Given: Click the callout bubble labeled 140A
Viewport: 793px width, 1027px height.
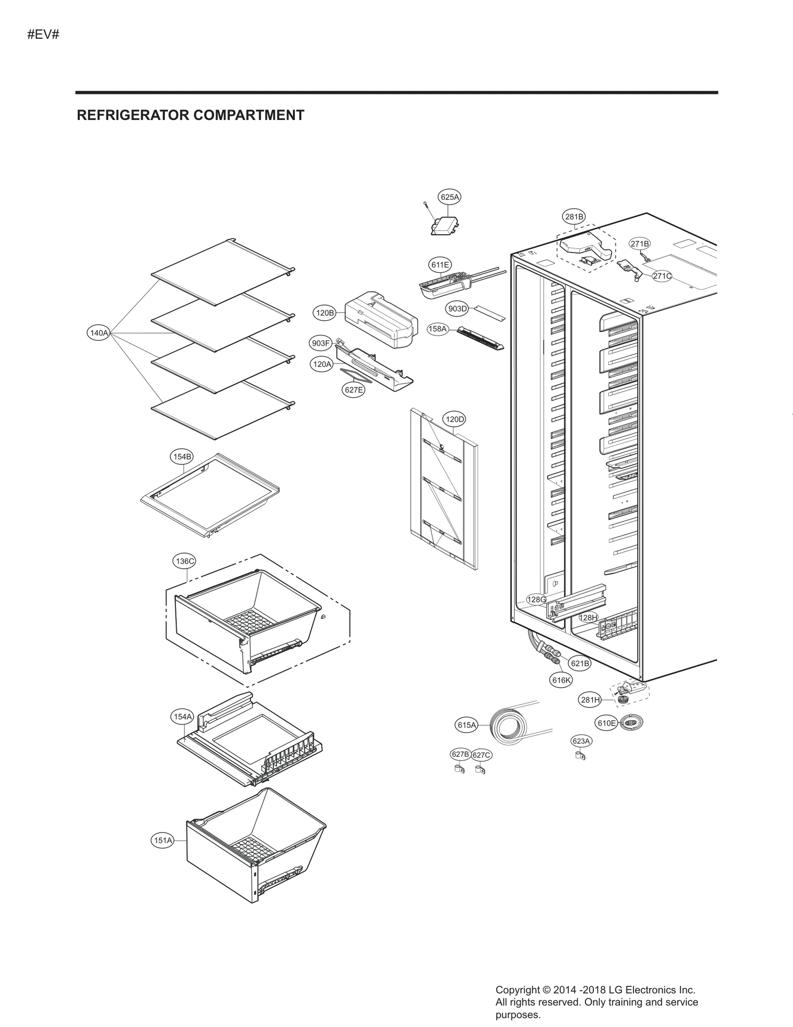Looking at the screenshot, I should point(99,333).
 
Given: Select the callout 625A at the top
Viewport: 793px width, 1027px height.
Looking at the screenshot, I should point(450,197).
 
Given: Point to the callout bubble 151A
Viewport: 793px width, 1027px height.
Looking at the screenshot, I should point(163,840).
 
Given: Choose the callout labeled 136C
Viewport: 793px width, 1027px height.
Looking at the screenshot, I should point(185,561).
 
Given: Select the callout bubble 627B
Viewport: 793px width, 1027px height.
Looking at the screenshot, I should point(460,754).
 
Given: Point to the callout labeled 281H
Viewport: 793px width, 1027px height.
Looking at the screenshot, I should point(590,700).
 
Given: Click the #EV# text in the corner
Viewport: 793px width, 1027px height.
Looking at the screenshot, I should point(43,35).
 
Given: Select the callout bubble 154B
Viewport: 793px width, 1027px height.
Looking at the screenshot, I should point(182,456).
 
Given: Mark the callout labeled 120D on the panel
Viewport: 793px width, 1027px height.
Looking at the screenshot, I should point(454,419).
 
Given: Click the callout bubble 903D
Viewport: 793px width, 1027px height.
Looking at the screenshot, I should point(457,308).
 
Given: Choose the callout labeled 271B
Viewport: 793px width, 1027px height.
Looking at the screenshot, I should point(639,243).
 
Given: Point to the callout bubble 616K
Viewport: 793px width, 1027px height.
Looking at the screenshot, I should point(562,680).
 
